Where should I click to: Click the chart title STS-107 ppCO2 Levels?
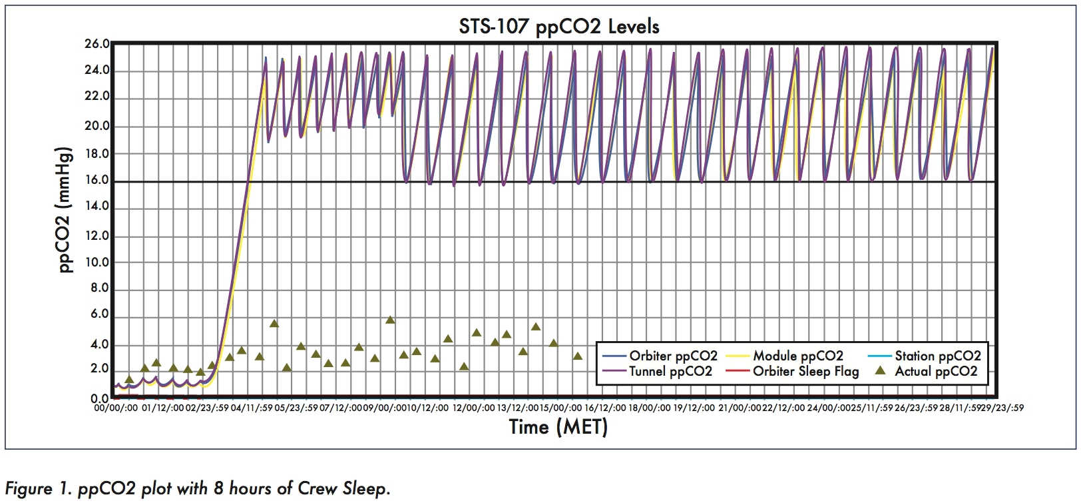tap(558, 27)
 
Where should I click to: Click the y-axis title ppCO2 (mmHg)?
tap(65, 210)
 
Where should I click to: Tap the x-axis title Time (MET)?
tap(558, 426)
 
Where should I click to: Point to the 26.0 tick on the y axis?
tap(97, 44)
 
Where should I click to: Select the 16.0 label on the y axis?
tap(97, 180)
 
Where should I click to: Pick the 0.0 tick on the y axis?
tap(100, 398)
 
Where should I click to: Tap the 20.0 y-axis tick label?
tap(97, 127)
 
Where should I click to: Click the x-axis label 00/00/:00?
tap(116, 408)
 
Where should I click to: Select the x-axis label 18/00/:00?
tap(649, 408)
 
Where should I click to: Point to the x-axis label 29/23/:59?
tap(1002, 408)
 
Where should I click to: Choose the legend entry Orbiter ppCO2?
tap(673, 356)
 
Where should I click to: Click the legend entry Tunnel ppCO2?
tap(670, 371)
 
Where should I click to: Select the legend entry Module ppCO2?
tap(797, 356)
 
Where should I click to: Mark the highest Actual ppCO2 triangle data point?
tap(390, 320)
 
